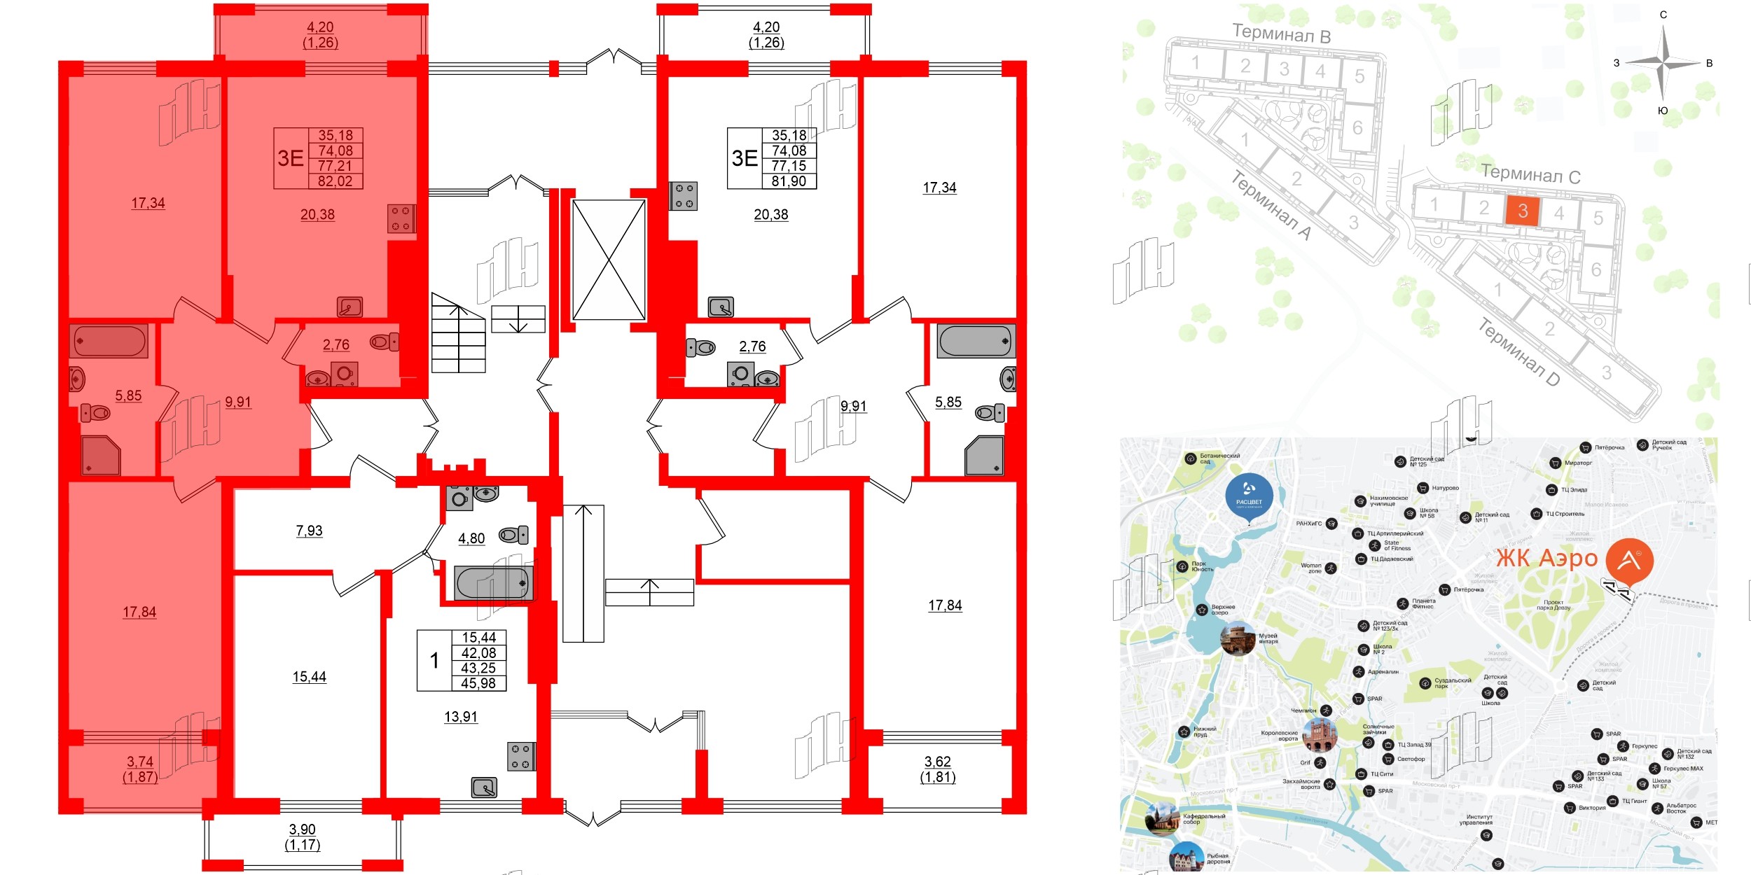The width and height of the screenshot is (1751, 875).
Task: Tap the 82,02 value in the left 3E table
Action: click(335, 181)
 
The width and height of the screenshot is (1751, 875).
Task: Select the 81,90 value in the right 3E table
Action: click(789, 181)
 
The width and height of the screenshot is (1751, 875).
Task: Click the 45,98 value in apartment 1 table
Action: click(478, 683)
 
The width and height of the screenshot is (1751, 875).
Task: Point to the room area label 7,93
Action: click(309, 531)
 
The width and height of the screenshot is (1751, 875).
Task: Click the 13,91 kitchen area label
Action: click(461, 717)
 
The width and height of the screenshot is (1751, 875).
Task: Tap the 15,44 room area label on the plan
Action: click(309, 677)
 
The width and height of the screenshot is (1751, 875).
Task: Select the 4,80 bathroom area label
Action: click(471, 538)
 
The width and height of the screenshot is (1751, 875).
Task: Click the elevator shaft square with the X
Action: click(609, 260)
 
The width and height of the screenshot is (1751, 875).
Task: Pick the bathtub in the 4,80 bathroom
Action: click(493, 582)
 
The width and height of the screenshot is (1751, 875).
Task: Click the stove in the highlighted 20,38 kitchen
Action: click(401, 218)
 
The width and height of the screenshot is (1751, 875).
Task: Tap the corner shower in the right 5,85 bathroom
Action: click(984, 456)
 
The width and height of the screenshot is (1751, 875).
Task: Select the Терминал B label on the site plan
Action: click(1281, 33)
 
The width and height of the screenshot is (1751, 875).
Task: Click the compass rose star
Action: click(1663, 63)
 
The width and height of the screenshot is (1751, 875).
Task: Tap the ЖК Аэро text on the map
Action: click(1546, 559)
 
